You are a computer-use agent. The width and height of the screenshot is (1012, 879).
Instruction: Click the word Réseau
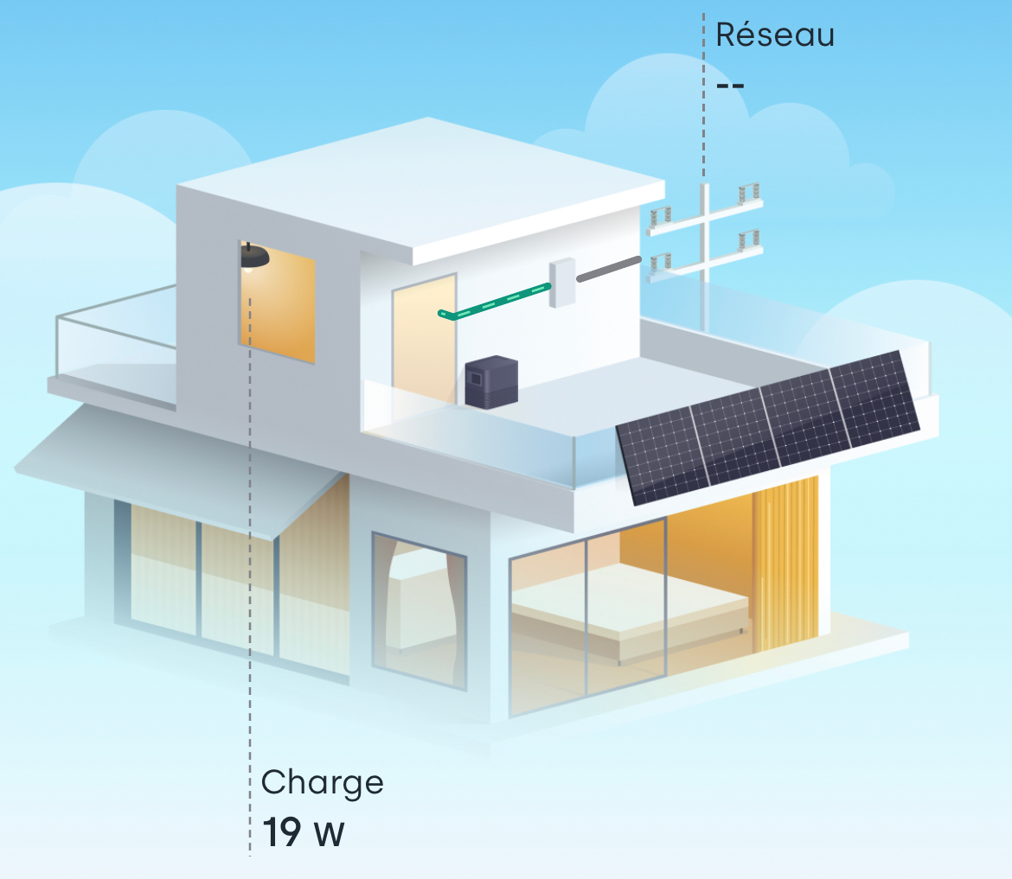pos(775,35)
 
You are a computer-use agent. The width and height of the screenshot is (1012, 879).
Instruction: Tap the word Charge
pos(322,783)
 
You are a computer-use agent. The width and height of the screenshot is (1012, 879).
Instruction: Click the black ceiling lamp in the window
pos(254,257)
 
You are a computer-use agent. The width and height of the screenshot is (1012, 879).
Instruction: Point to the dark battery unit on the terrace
pos(490,382)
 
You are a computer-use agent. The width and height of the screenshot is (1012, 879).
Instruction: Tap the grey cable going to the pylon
pos(609,268)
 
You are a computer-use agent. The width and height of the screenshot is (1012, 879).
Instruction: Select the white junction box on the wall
pos(562,282)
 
